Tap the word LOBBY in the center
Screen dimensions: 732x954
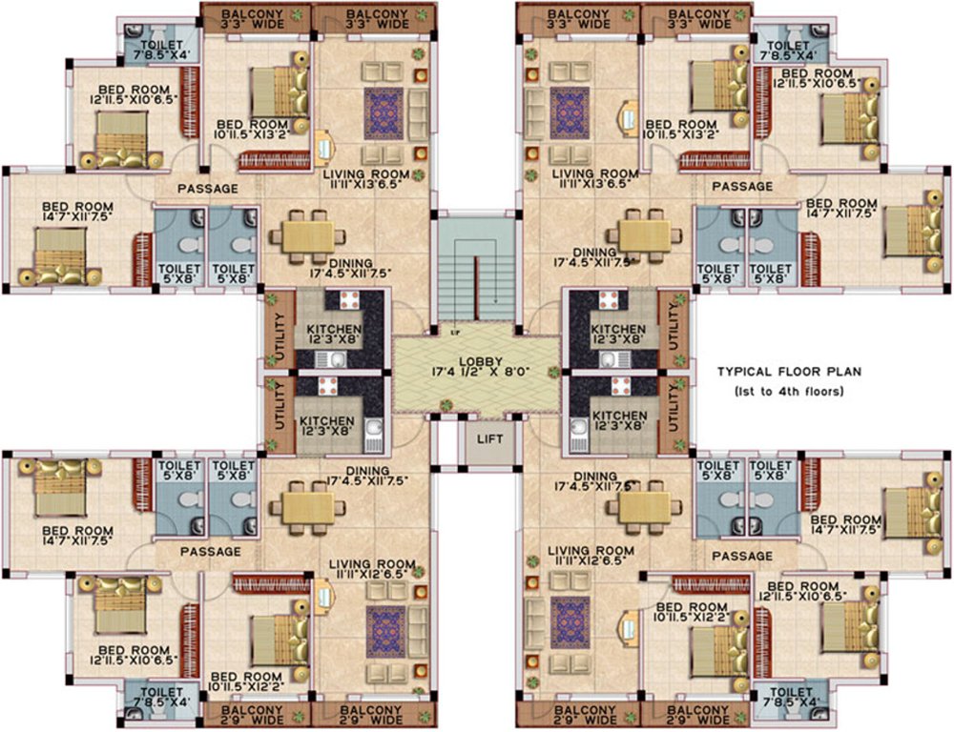pyautogui.click(x=477, y=360)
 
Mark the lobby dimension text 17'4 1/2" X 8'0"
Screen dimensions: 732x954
pyautogui.click(x=477, y=374)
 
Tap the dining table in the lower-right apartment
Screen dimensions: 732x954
pyautogui.click(x=645, y=504)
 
